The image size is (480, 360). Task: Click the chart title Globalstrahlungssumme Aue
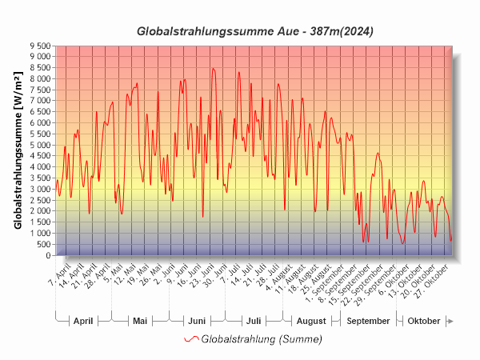(x=255, y=31)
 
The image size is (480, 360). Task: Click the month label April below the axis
(x=83, y=321)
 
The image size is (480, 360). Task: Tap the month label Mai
(x=140, y=321)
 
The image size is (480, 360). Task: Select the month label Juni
(x=196, y=321)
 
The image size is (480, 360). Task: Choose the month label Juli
(x=254, y=321)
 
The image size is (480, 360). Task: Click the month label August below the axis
(x=311, y=321)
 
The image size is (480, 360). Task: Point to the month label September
(x=369, y=321)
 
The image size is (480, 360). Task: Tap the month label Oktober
(x=424, y=321)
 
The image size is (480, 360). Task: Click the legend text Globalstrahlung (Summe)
(x=262, y=339)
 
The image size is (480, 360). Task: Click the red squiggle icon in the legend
(x=191, y=339)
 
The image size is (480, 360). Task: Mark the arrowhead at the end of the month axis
(x=451, y=321)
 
